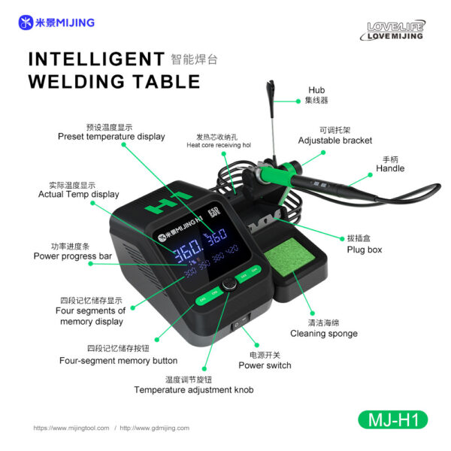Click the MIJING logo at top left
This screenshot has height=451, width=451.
56,23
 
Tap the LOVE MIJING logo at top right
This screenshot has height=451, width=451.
395,31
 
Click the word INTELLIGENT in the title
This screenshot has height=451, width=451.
96,59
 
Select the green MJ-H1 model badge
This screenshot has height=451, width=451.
392,418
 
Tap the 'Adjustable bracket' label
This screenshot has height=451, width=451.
334,141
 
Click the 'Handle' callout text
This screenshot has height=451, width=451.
390,168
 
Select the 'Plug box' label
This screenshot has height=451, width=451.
365,249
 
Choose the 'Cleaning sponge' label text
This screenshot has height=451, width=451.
324,333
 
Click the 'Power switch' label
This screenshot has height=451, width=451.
265,365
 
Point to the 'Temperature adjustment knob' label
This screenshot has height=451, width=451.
193,389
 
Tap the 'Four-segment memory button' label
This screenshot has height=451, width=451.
118,360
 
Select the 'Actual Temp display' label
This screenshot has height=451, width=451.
78,194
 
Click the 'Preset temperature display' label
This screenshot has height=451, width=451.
111,137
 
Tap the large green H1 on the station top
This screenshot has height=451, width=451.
168,204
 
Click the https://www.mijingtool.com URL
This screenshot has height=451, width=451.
71,428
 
